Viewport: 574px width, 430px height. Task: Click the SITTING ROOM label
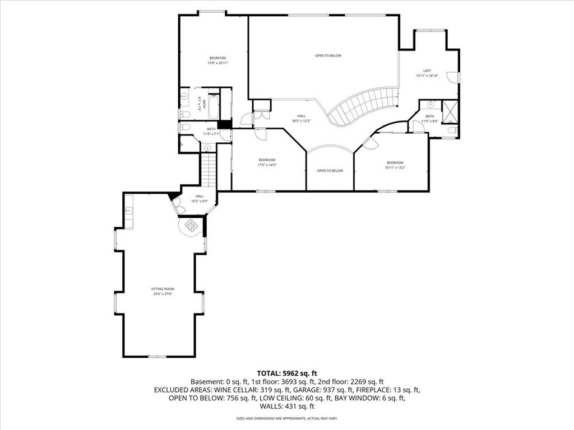[x=162, y=289]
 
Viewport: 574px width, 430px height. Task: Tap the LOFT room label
[x=427, y=71]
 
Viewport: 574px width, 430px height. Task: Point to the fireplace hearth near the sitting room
[x=191, y=227]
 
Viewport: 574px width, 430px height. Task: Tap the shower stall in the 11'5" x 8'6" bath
[x=450, y=111]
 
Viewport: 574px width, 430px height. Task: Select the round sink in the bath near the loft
[x=430, y=104]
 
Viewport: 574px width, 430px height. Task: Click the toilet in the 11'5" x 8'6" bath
[x=452, y=130]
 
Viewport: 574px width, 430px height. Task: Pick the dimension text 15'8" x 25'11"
[x=217, y=63]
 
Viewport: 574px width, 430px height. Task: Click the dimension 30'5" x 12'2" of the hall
[x=301, y=121]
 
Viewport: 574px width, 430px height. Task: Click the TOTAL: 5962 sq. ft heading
[x=286, y=372]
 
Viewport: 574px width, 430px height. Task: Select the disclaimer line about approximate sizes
[x=286, y=418]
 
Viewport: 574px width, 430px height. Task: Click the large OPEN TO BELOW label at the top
[x=328, y=55]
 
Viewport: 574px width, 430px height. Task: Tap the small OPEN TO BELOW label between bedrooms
[x=330, y=171]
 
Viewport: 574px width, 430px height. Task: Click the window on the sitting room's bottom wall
[x=158, y=356]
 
